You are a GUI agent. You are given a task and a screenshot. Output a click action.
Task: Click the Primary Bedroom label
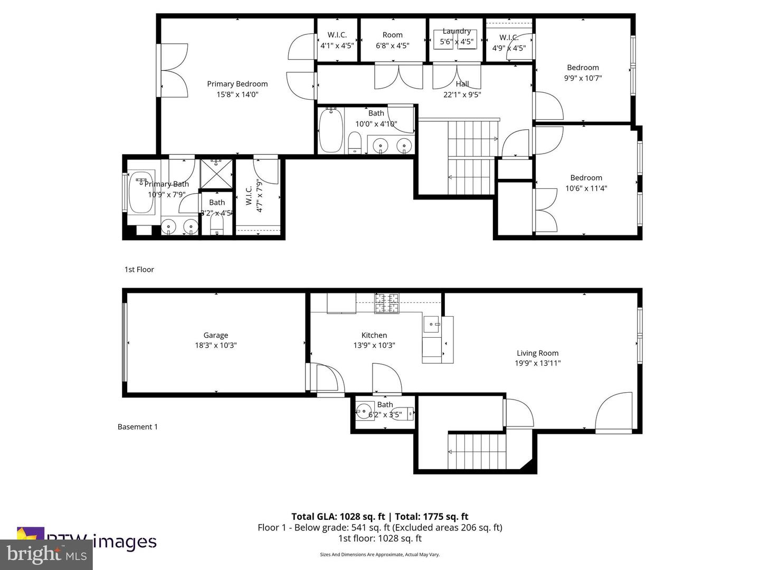click(x=237, y=84)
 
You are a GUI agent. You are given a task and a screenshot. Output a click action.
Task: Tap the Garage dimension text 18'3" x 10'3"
click(x=216, y=346)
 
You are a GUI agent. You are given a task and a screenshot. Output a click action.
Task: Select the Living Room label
click(x=537, y=353)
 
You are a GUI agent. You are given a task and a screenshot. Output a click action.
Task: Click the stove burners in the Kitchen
click(x=387, y=303)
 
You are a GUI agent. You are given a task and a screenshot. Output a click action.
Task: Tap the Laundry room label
click(x=457, y=31)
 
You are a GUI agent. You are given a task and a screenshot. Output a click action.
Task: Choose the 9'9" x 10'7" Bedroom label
click(x=583, y=68)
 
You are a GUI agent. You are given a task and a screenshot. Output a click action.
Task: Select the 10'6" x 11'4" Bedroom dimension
click(x=586, y=188)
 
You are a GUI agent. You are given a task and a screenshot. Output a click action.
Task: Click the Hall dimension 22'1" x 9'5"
click(x=462, y=95)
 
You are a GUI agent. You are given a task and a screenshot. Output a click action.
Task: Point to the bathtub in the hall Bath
click(x=331, y=130)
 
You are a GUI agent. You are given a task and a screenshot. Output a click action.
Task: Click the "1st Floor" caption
click(x=139, y=270)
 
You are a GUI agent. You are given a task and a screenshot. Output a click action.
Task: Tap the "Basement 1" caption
click(x=138, y=427)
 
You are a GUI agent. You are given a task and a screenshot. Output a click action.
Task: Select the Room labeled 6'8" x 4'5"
click(x=392, y=35)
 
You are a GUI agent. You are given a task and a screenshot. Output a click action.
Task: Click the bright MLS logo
click(x=46, y=554)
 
